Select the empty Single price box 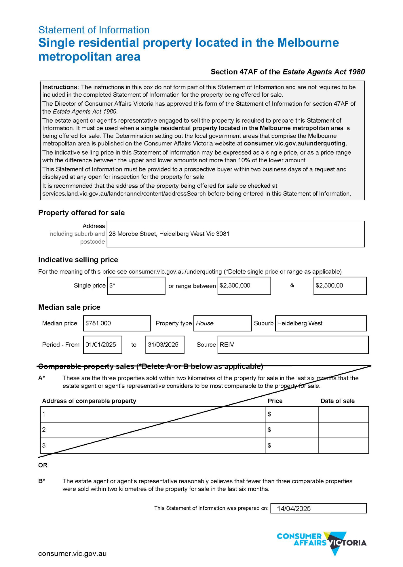pyautogui.click(x=136, y=286)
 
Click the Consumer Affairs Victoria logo pyautogui.click(x=322, y=543)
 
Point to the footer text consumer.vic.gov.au pyautogui.click(x=72, y=553)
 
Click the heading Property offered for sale pyautogui.click(x=81, y=213)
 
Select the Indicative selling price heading pyautogui.click(x=78, y=260)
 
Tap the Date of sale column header pyautogui.click(x=337, y=401)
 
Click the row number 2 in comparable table pyautogui.click(x=44, y=430)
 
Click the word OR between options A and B pyautogui.click(x=43, y=465)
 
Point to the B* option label pyautogui.click(x=41, y=481)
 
